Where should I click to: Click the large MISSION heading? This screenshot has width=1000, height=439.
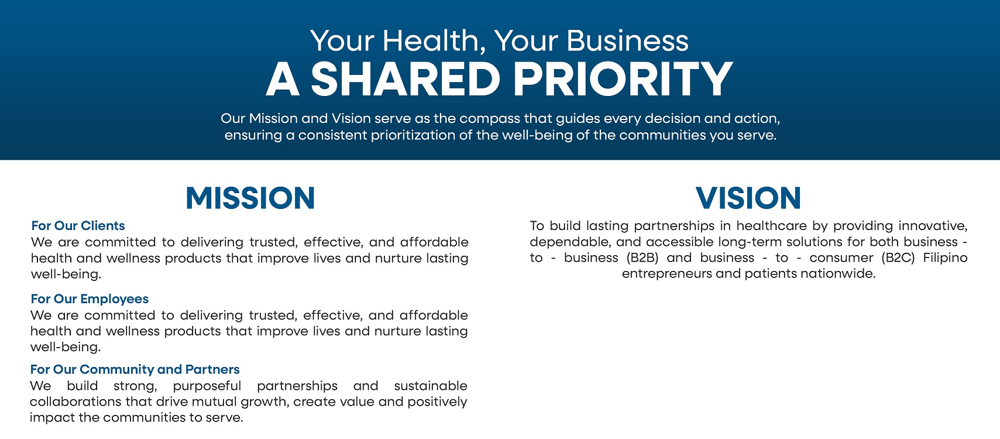click(x=250, y=198)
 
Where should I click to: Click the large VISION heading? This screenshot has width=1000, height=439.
click(x=748, y=198)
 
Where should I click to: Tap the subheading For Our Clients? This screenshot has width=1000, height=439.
click(x=78, y=225)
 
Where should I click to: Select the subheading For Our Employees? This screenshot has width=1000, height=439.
click(x=90, y=299)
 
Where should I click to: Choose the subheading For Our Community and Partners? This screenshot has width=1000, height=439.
click(x=135, y=369)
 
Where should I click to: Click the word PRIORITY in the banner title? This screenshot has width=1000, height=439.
click(x=623, y=79)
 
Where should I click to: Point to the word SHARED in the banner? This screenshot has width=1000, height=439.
click(x=406, y=79)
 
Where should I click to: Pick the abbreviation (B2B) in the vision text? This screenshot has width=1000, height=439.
click(x=642, y=258)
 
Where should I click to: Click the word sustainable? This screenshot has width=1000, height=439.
click(x=430, y=385)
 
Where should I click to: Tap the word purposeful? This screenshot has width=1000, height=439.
click(x=207, y=386)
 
